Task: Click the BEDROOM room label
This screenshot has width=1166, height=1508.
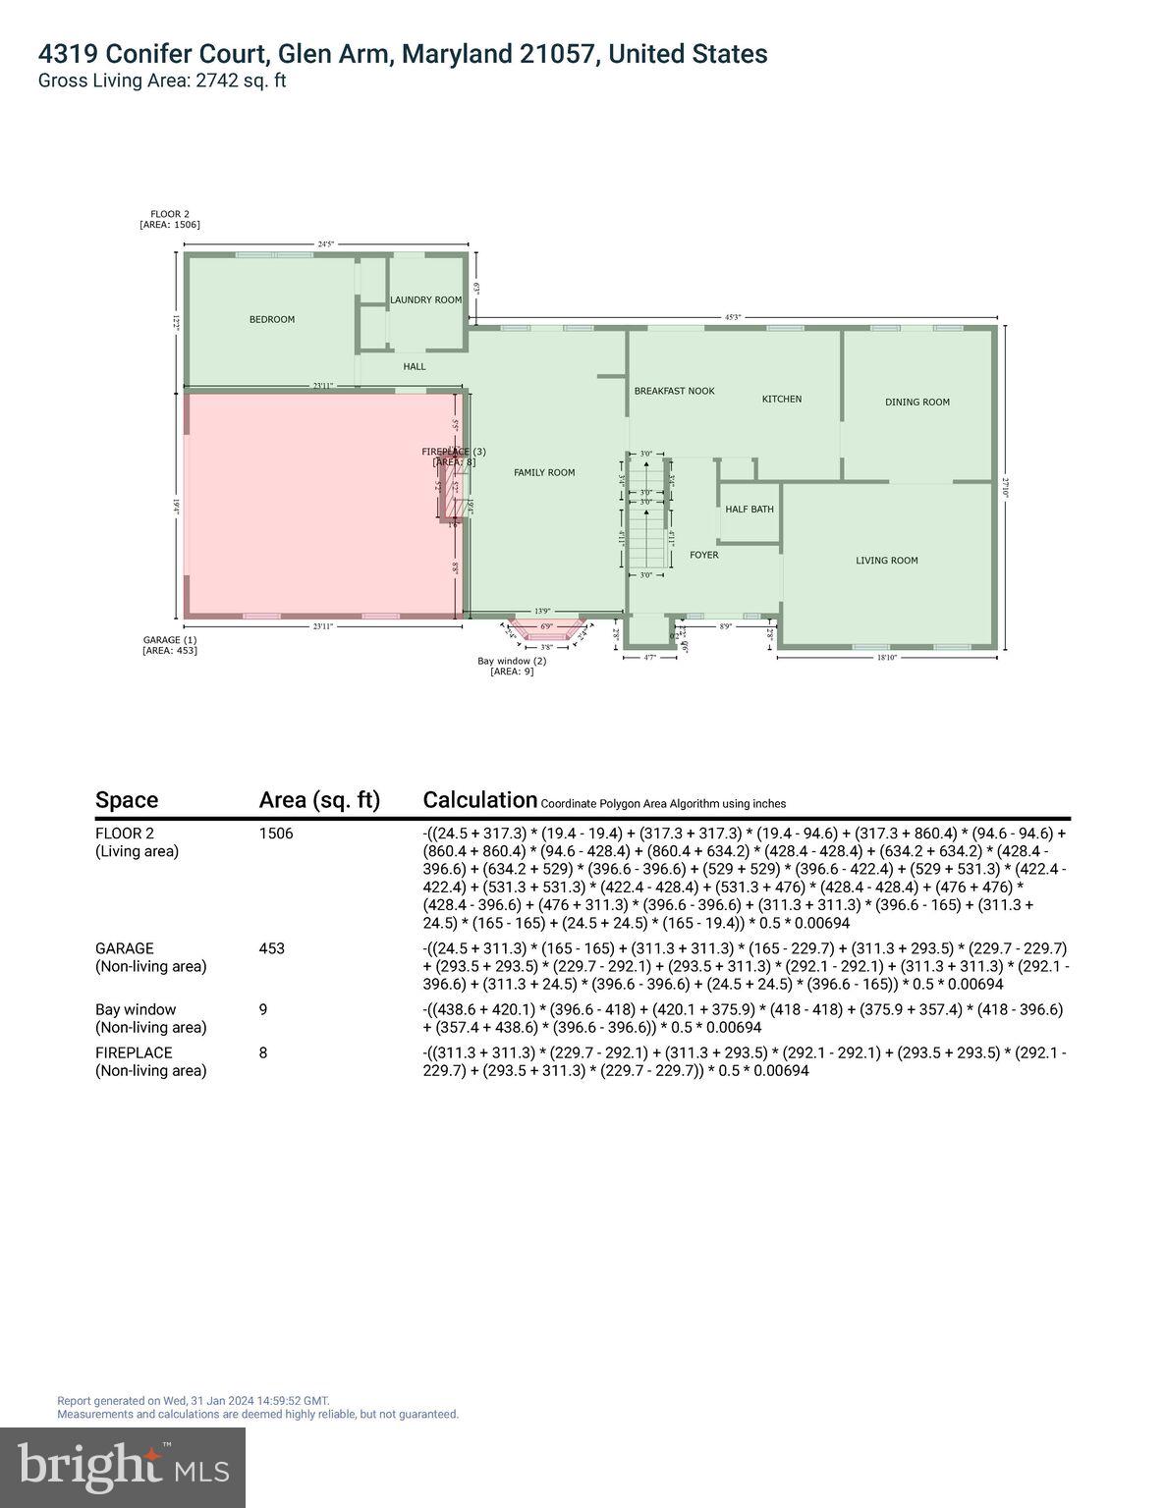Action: [271, 319]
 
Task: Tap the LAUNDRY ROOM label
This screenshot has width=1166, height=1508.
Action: [425, 299]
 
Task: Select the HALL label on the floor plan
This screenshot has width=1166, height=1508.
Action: [415, 366]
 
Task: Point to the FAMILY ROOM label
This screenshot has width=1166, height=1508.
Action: [544, 472]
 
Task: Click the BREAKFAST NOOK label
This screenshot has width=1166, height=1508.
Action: [674, 391]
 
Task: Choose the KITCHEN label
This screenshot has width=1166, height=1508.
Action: [782, 399]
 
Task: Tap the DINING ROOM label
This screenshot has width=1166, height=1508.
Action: [916, 402]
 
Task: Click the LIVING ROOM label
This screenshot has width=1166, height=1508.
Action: [886, 561]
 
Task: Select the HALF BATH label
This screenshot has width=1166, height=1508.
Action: [750, 510]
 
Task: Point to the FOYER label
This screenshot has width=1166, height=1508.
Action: [703, 555]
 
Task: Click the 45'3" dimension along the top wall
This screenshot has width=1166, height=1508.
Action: [733, 317]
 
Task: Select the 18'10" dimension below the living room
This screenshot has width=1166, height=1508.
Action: [886, 658]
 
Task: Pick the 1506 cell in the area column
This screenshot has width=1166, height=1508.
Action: [276, 834]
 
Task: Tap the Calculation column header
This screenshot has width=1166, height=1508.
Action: [479, 800]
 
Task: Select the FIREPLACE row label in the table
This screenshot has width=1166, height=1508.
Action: [134, 1052]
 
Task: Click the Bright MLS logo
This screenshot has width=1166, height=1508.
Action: [123, 1467]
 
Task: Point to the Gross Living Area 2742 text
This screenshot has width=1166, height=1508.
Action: [162, 81]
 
